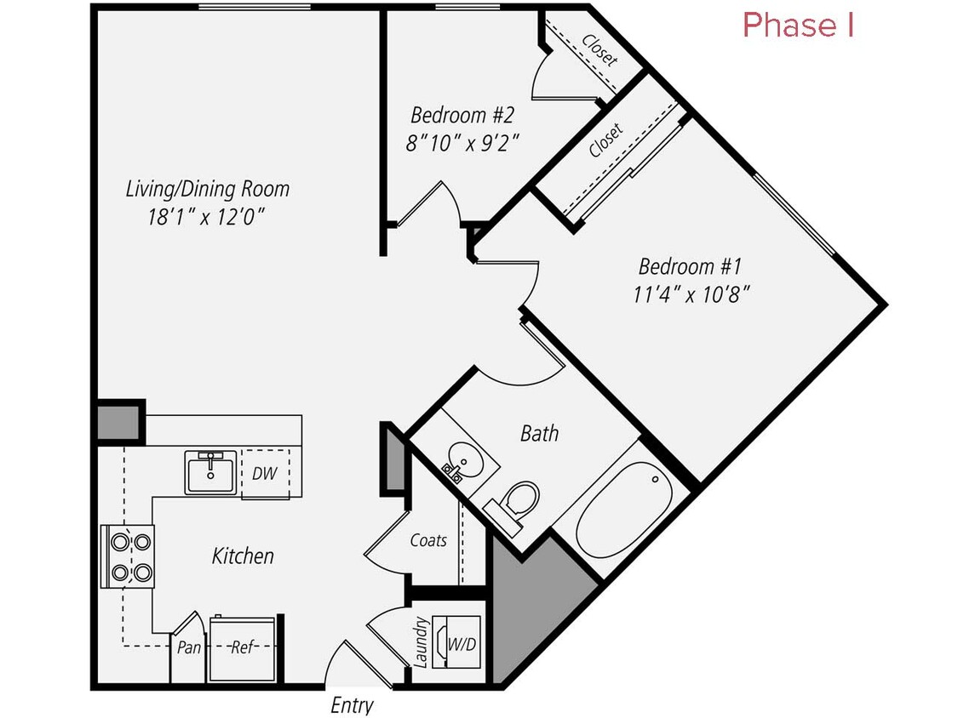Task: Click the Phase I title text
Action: pyautogui.click(x=798, y=26)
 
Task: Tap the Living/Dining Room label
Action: pyautogui.click(x=208, y=189)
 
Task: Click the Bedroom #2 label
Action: pyautogui.click(x=462, y=114)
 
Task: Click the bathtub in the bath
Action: pyautogui.click(x=623, y=510)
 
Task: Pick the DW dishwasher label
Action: pyautogui.click(x=264, y=474)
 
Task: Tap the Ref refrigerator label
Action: pyautogui.click(x=244, y=647)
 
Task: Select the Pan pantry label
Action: pyautogui.click(x=189, y=647)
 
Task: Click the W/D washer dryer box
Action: pyautogui.click(x=461, y=644)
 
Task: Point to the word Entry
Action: pyautogui.click(x=352, y=705)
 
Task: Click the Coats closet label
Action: pyautogui.click(x=428, y=540)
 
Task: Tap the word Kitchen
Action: pyautogui.click(x=243, y=556)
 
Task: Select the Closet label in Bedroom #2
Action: pyautogui.click(x=599, y=49)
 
